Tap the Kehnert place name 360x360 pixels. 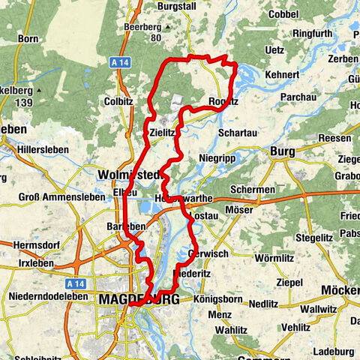pyautogui.click(x=281, y=75)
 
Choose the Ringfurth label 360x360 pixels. pyautogui.click(x=317, y=54)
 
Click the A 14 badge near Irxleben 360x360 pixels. pyautogui.click(x=75, y=284)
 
